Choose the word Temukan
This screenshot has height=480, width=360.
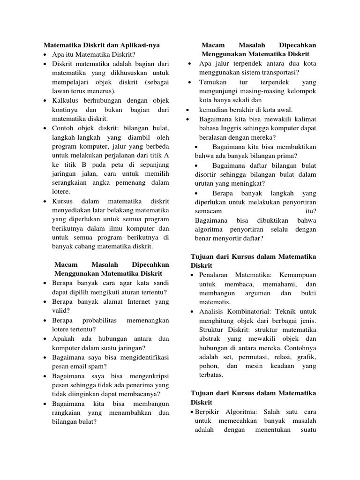coord(213,82)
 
